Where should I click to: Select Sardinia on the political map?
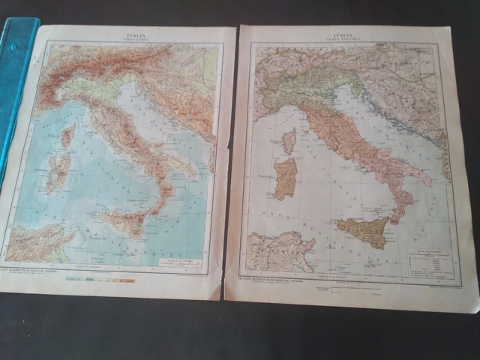point(286,179)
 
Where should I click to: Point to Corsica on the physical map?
point(67,136)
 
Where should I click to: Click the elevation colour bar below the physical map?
point(100,280)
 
